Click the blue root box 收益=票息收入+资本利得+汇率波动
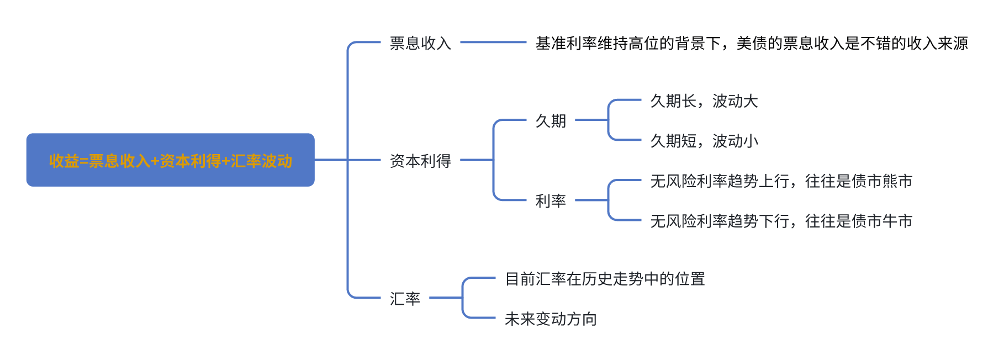170,160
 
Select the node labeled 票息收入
420,43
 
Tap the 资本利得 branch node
420,161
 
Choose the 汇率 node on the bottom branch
405,299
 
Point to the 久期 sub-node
551,121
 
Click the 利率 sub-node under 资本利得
551,201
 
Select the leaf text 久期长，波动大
704,101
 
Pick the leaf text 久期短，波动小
704,141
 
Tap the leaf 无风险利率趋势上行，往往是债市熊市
781,181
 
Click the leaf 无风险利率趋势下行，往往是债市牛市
781,221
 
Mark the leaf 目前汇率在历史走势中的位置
605,279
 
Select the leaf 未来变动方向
551,319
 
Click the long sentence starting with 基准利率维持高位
751,43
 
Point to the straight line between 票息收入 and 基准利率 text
493,42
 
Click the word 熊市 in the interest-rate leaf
897,181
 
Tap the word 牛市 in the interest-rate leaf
897,221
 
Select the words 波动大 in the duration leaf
735,101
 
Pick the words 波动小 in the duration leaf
735,141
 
